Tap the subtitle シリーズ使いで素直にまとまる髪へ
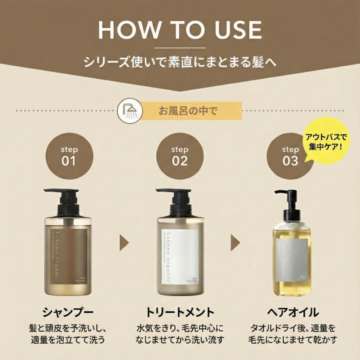(x=180, y=63)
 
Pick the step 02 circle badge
(x=180, y=156)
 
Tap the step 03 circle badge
(x=290, y=156)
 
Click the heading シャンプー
(x=68, y=312)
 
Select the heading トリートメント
(x=180, y=312)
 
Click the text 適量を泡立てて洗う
(x=68, y=340)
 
